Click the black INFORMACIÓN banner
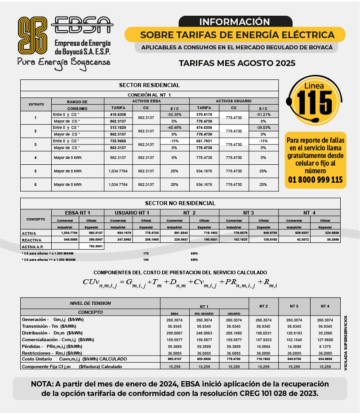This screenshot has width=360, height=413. (234, 22)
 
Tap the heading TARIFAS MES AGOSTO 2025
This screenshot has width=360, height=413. (237, 63)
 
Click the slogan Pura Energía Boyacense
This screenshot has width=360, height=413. (63, 62)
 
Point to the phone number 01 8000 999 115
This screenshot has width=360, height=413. (316, 180)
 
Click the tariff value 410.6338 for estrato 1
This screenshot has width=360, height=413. (118, 114)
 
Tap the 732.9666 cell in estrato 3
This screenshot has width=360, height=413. (118, 141)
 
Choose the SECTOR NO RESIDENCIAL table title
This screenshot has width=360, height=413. (180, 203)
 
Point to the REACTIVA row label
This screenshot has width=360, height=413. (31, 240)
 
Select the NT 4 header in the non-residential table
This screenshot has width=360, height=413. (309, 212)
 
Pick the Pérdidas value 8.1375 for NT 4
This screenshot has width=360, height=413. (325, 346)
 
